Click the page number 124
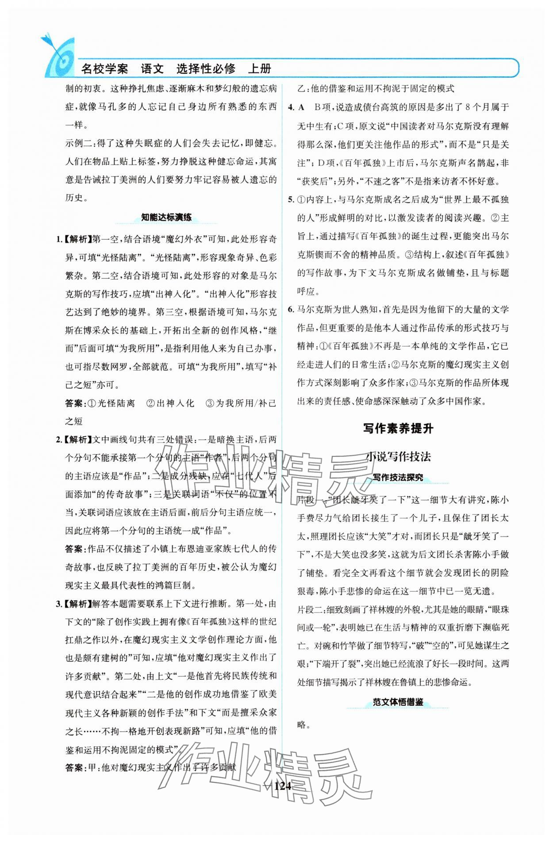(282, 786)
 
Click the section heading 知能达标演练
(166, 217)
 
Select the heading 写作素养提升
(398, 428)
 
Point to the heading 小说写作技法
(398, 456)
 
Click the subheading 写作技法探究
(397, 478)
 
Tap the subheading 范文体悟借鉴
(397, 702)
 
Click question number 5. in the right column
(291, 199)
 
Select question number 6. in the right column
(291, 310)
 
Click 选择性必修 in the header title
(206, 69)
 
